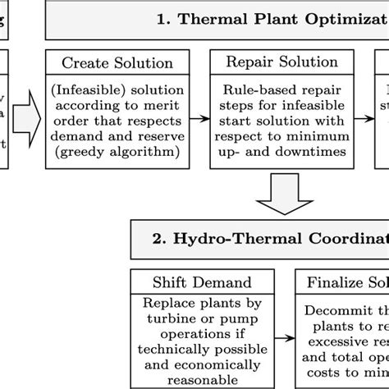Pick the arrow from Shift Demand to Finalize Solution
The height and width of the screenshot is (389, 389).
pos(284,336)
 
